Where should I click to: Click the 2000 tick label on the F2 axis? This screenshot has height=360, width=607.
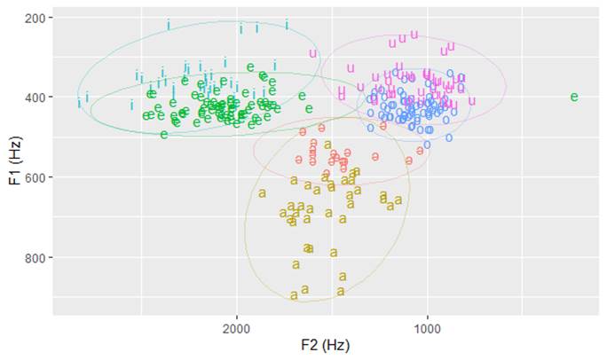[x=236, y=329]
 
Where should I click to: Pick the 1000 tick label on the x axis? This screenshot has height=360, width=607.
[x=428, y=329]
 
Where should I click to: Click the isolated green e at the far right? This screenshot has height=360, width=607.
[x=574, y=97]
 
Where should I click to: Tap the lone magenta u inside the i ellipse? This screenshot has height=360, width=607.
[x=312, y=53]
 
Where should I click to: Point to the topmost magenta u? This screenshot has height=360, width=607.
[x=413, y=35]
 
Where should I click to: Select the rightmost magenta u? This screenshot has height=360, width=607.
[x=472, y=100]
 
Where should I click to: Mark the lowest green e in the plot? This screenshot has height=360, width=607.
[x=164, y=134]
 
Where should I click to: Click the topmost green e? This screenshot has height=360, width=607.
[x=251, y=67]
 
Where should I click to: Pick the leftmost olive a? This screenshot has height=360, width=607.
[x=262, y=193]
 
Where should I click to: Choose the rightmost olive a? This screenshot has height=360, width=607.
[x=398, y=200]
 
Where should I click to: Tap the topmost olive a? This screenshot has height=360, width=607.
[x=327, y=145]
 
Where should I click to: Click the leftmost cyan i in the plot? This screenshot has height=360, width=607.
[x=79, y=102]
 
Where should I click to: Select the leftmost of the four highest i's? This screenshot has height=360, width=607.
[x=169, y=25]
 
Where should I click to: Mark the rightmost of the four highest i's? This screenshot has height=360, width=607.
[x=287, y=25]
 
